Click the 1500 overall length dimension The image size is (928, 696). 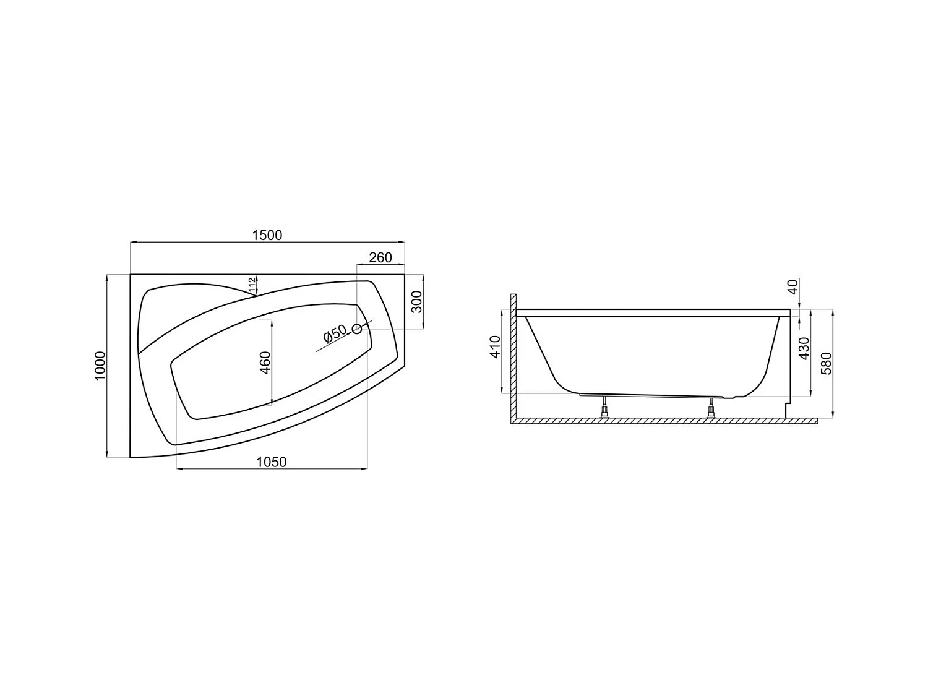[x=267, y=235]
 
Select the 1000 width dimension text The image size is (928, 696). [x=101, y=366]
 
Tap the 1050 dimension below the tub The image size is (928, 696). [x=272, y=462]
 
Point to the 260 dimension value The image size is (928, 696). [x=380, y=257]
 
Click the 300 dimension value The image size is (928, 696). [x=417, y=301]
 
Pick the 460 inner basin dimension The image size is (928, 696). [x=264, y=363]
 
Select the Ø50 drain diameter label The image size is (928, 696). [x=334, y=334]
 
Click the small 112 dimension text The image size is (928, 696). [x=252, y=285]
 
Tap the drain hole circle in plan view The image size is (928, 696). [x=357, y=329]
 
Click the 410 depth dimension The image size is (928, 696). [x=495, y=348]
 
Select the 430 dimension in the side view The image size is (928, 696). [x=804, y=348]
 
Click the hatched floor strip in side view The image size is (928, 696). [x=665, y=421]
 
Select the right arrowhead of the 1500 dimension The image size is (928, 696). [x=402, y=243]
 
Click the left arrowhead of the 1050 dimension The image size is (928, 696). [x=180, y=469]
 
